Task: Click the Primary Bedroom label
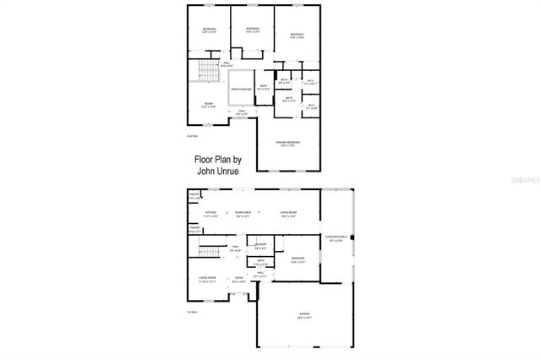click(288, 142)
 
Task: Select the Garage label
click(303, 314)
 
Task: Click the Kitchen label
click(211, 212)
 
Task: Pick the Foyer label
click(239, 279)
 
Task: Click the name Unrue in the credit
click(229, 169)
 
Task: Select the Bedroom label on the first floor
click(298, 259)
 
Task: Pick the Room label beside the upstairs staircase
click(209, 104)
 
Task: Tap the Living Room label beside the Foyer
click(208, 279)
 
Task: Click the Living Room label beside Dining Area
click(287, 212)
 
